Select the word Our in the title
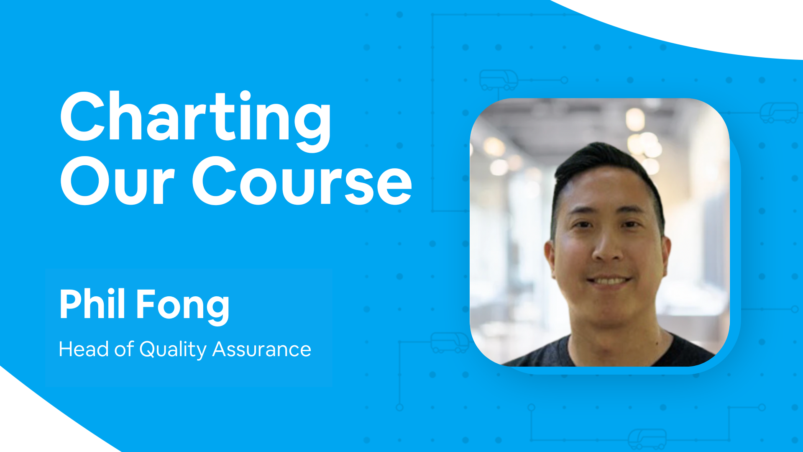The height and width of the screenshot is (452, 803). tap(117, 181)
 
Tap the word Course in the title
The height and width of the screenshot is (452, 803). tap(302, 181)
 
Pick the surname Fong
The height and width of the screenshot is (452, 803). tap(183, 306)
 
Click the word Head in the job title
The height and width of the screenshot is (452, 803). tap(84, 349)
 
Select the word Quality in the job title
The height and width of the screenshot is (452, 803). tap(173, 350)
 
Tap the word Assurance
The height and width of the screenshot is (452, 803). tap(262, 349)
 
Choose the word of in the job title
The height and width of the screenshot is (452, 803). tap(124, 349)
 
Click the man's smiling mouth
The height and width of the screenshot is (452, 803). tap(609, 280)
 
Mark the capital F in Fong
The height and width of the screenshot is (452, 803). tap(147, 304)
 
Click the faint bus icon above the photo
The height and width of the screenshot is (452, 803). tap(499, 80)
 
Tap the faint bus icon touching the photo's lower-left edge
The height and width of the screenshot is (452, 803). tap(450, 343)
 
